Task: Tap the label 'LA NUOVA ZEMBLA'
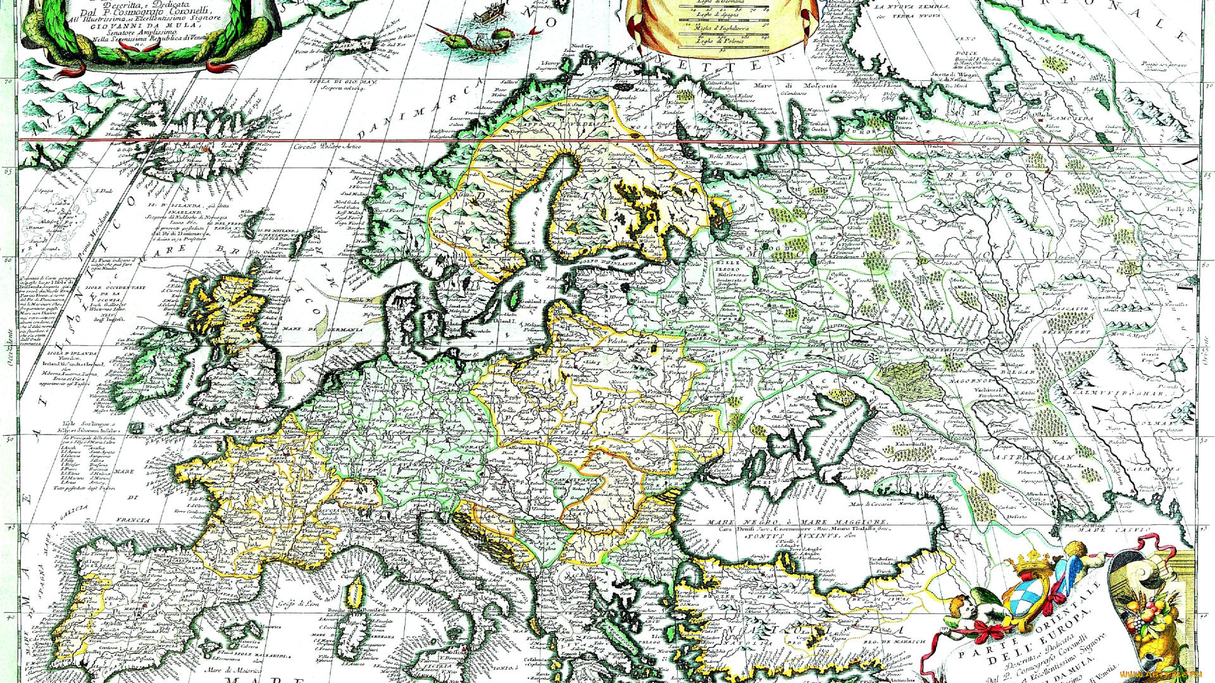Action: (911, 7)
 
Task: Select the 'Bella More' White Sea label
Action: (725, 157)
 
